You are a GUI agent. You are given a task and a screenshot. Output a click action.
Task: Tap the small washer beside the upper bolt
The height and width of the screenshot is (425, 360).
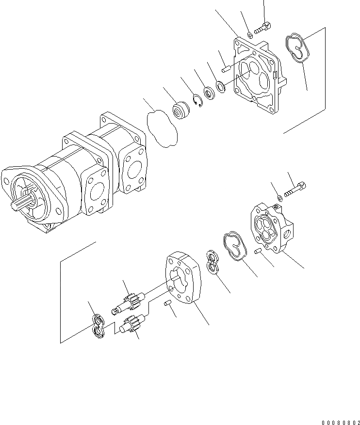(249, 34)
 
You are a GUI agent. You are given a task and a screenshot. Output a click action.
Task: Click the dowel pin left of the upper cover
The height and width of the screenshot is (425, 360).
(226, 69)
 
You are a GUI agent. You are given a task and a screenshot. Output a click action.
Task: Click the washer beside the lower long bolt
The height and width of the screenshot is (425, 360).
(280, 197)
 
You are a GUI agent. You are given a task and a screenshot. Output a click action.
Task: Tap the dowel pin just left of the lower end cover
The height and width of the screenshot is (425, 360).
(258, 251)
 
